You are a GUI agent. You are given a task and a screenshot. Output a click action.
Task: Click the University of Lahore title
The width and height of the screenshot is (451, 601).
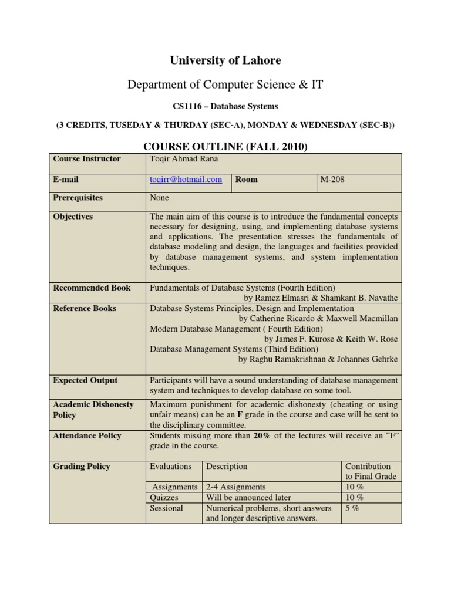(225, 60)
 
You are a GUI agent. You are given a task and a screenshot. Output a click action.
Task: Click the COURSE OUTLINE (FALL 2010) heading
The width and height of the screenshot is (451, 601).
(225, 146)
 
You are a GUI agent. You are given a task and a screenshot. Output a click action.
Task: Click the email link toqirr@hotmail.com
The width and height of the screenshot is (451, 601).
(186, 180)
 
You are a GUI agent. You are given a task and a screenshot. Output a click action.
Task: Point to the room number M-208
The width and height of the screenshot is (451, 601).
(332, 180)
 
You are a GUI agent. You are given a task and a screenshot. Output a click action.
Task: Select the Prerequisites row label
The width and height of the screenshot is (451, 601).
(78, 198)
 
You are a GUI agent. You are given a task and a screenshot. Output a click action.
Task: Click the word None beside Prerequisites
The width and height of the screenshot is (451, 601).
(159, 198)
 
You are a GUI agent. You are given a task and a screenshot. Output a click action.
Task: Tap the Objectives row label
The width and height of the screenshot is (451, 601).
(73, 217)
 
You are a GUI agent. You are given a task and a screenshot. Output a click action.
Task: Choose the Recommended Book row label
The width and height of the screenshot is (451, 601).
(92, 288)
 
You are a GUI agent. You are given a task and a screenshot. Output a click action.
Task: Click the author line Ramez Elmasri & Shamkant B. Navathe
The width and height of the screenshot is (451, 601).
(320, 298)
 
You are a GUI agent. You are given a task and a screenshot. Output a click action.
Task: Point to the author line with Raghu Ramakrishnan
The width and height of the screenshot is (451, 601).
(318, 359)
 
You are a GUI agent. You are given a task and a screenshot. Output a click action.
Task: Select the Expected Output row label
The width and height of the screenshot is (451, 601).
(85, 380)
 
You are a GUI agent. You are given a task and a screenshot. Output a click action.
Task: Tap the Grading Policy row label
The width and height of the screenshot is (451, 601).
(82, 467)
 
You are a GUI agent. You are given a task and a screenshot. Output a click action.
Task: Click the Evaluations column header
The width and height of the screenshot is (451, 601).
(171, 467)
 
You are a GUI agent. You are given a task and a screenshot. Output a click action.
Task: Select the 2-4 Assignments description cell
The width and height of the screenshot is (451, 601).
(236, 487)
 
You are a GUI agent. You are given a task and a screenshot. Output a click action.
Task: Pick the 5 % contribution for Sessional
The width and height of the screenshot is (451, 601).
(352, 508)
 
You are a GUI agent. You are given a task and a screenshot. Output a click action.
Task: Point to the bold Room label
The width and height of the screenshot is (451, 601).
(246, 180)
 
